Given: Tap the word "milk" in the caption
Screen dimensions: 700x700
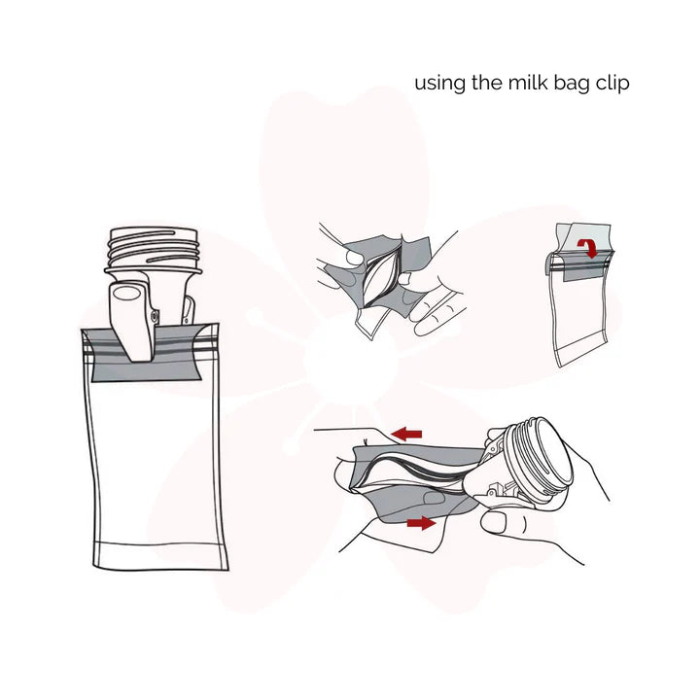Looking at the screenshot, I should click(526, 83).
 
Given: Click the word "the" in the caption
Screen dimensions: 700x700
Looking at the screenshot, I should click(484, 83).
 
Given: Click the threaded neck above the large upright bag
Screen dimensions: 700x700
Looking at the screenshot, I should click(156, 249).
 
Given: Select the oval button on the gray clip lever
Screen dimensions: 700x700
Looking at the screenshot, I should click(126, 294).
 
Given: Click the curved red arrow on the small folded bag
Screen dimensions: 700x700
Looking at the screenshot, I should click(587, 249).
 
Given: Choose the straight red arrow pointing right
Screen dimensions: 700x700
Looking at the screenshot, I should click(421, 523).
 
